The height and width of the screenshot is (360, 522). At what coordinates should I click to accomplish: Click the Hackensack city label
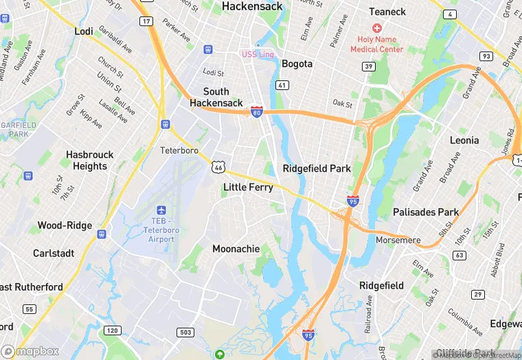click(252, 6)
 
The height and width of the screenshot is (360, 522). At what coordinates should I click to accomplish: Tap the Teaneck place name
click(387, 12)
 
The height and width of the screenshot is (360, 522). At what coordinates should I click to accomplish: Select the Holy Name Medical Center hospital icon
click(376, 28)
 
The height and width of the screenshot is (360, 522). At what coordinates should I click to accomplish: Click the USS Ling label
click(258, 54)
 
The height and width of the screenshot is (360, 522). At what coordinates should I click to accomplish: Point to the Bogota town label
click(297, 64)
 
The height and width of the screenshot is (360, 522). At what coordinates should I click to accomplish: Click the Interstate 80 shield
click(256, 111)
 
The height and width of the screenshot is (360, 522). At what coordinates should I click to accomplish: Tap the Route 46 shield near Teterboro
click(218, 167)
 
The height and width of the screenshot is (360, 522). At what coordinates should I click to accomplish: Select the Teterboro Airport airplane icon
click(161, 210)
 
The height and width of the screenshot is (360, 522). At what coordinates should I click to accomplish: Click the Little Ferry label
click(248, 187)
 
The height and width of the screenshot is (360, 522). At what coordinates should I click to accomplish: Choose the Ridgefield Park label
click(317, 168)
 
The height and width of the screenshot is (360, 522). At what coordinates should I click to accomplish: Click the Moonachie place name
click(236, 249)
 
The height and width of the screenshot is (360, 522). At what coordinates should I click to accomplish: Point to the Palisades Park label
click(425, 212)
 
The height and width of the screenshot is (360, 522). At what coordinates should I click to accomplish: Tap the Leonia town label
click(464, 140)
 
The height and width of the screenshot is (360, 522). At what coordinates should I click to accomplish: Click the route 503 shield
click(185, 332)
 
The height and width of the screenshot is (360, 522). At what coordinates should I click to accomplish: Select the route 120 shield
click(112, 330)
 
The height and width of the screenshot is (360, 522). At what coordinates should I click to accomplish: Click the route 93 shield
click(486, 56)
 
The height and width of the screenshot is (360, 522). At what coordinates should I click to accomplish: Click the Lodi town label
click(84, 32)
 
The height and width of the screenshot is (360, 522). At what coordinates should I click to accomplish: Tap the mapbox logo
click(30, 350)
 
